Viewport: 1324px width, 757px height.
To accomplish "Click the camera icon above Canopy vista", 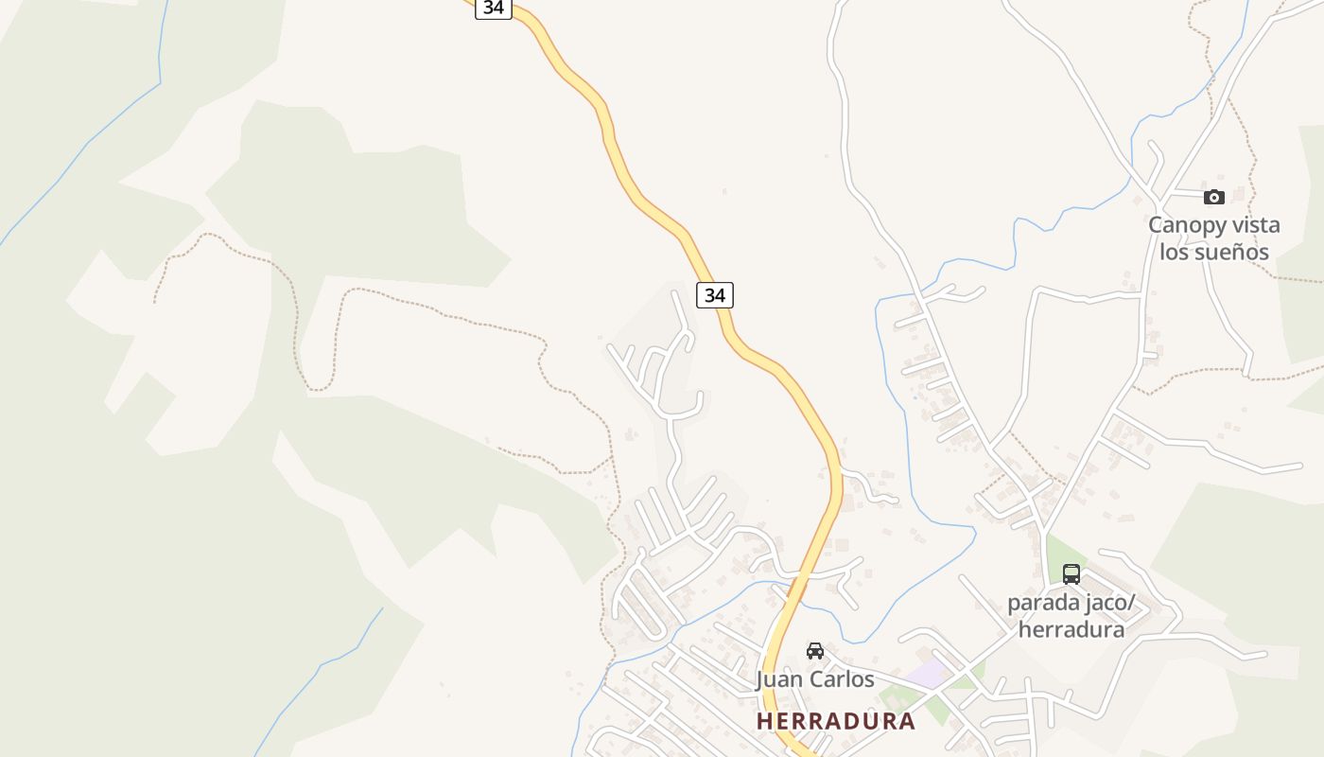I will coord(1214,197).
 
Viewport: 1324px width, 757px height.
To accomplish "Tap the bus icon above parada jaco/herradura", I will coord(1071,573).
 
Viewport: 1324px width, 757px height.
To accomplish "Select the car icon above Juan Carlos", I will coord(814,650).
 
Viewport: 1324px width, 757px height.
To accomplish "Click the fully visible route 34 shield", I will coord(715,295).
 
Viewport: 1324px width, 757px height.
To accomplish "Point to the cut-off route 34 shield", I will coord(493,8).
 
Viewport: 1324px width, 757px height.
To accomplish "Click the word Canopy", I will coord(1182,225).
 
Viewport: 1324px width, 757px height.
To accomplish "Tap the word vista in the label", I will coord(1250,225).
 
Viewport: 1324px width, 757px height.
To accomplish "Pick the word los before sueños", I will coord(1174,253).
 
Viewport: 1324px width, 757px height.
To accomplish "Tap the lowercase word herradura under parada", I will coord(1071,629).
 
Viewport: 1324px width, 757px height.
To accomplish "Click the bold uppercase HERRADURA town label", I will coord(835,721).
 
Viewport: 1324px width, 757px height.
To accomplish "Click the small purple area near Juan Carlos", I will coord(929,675).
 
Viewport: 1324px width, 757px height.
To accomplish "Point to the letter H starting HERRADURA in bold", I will coord(764,721).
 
